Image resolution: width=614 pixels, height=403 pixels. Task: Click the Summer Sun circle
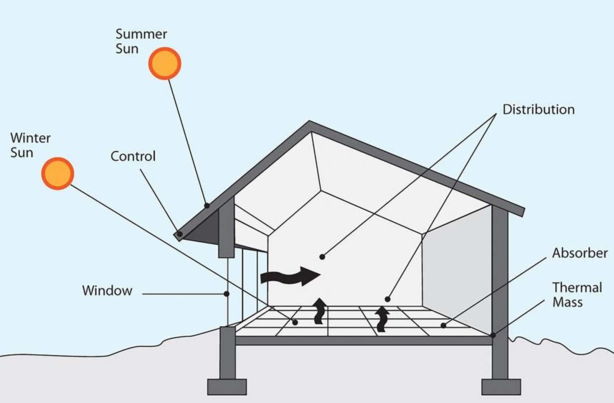coord(165,63)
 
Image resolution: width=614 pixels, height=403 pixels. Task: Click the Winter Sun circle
coord(58,173)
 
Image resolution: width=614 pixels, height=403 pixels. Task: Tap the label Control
coord(133,156)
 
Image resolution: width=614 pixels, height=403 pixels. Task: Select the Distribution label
coord(539,110)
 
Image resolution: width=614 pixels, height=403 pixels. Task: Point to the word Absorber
coord(580,253)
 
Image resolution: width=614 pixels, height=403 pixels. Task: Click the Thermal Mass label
coord(577,295)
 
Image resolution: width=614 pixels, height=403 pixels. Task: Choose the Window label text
coord(107,290)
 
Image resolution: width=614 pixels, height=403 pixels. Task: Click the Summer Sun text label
coord(141,41)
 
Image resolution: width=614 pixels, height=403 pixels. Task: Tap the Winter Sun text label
coord(30,145)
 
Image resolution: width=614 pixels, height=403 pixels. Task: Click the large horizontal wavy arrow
coord(290,276)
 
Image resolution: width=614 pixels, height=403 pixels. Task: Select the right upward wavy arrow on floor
coord(382,319)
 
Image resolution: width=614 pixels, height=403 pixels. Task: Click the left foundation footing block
coord(227,387)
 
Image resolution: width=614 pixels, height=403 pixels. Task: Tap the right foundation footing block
coord(501,387)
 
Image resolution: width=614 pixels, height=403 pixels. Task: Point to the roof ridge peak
coord(310,122)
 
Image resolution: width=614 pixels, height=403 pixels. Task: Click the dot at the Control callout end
coord(180,234)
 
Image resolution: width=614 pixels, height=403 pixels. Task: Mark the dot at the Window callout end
coord(226,294)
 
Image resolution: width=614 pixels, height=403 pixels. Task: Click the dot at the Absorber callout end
coord(443,326)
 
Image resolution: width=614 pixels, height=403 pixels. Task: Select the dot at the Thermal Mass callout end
coord(493,335)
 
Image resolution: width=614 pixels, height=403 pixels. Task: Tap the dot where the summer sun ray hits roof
coord(207,206)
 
